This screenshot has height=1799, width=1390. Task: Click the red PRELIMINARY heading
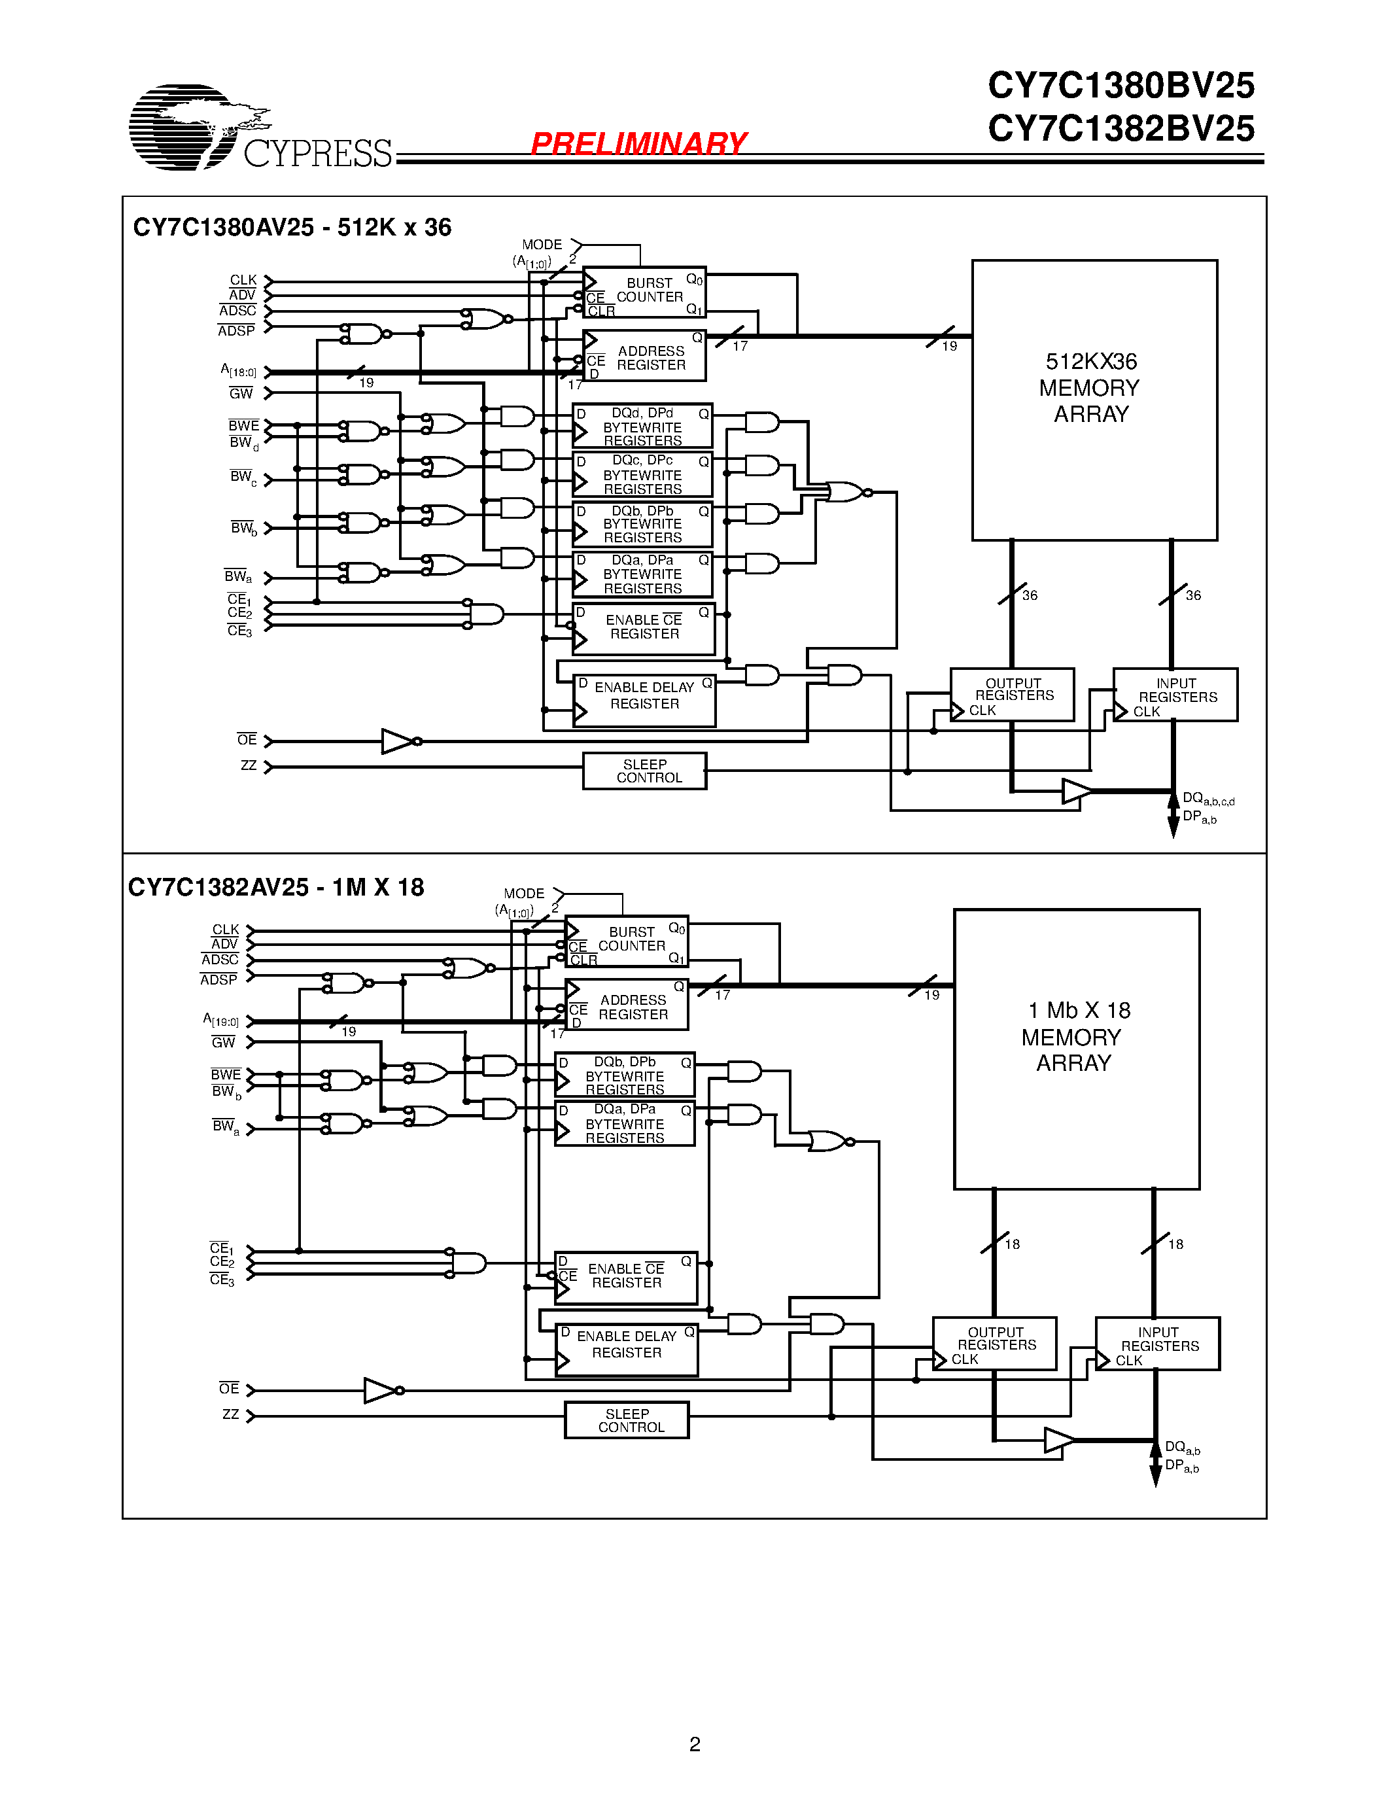tap(638, 143)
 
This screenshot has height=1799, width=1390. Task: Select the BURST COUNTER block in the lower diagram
tap(626, 941)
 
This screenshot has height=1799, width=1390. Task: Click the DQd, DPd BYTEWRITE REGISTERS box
tap(642, 426)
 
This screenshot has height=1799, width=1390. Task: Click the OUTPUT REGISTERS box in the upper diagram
tap(1012, 694)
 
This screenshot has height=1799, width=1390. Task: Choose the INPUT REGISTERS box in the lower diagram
tap(1157, 1344)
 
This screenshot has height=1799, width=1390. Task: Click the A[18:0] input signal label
tap(238, 371)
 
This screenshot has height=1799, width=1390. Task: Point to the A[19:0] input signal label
tap(220, 1020)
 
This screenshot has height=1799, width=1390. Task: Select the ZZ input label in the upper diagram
tap(248, 765)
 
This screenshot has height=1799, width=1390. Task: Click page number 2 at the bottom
tap(694, 1744)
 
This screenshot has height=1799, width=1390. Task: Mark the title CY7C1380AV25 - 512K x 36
tap(292, 228)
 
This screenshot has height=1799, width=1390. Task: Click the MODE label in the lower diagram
tap(524, 893)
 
